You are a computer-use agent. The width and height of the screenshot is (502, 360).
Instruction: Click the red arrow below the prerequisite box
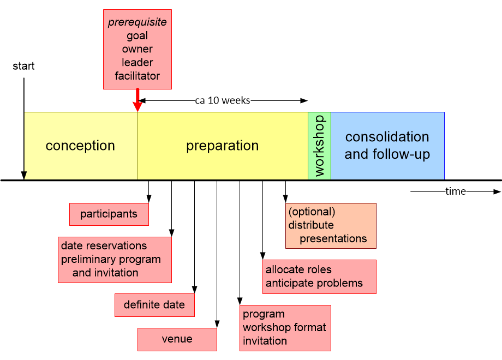click(138, 100)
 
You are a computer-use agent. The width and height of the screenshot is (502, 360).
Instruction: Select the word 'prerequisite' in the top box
click(138, 23)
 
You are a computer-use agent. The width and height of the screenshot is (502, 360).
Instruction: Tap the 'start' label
click(23, 66)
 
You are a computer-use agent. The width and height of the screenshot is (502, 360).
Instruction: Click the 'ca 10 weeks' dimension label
click(223, 100)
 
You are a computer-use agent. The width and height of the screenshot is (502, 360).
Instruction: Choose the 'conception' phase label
click(80, 146)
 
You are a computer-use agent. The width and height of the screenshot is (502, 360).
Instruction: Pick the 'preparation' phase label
click(223, 146)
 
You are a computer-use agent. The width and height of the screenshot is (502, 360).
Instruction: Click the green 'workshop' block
click(319, 146)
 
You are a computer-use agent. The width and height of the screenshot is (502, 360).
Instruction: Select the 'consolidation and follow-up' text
click(387, 146)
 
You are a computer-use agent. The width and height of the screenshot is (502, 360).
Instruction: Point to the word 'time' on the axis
click(456, 191)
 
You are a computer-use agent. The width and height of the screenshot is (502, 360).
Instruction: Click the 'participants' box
click(109, 214)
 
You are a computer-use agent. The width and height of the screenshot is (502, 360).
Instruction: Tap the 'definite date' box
click(154, 305)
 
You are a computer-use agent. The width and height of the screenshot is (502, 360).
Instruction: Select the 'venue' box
click(177, 339)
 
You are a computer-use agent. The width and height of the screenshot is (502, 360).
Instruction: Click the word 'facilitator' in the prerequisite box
click(138, 76)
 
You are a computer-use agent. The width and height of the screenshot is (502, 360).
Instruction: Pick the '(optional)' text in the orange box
click(312, 212)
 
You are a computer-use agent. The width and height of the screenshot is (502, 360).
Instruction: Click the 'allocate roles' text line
click(298, 269)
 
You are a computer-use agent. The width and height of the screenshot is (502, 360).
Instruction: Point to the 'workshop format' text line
click(284, 327)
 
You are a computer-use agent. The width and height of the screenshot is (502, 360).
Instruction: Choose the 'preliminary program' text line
click(111, 259)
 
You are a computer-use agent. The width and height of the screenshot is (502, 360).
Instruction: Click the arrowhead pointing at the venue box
click(217, 325)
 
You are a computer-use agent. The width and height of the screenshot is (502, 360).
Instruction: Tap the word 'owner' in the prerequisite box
click(138, 49)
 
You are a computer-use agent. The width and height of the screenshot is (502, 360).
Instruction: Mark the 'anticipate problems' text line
click(314, 283)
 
